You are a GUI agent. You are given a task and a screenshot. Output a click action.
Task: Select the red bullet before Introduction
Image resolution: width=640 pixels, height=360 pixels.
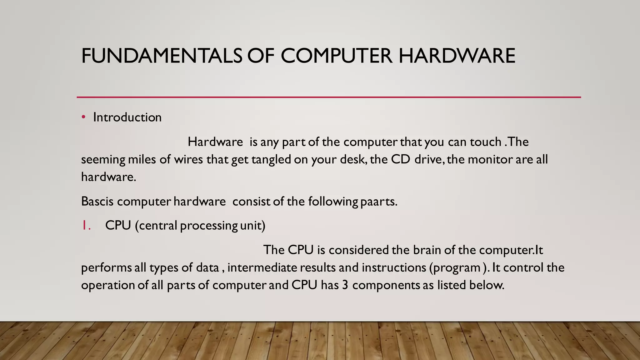pyautogui.click(x=83, y=117)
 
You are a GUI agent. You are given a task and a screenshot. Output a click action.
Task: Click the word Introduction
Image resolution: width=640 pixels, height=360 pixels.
pyautogui.click(x=127, y=117)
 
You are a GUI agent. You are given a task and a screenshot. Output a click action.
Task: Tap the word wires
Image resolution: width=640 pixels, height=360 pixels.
pyautogui.click(x=188, y=159)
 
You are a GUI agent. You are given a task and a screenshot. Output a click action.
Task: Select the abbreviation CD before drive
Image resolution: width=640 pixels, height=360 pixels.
pyautogui.click(x=400, y=159)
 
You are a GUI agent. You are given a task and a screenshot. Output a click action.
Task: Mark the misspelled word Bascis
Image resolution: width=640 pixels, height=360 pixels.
pyautogui.click(x=97, y=201)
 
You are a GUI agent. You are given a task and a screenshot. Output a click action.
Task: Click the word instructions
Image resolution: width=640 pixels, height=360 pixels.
pyautogui.click(x=394, y=267)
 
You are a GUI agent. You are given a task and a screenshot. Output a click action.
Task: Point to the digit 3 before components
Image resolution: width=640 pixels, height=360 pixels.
pyautogui.click(x=345, y=285)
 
